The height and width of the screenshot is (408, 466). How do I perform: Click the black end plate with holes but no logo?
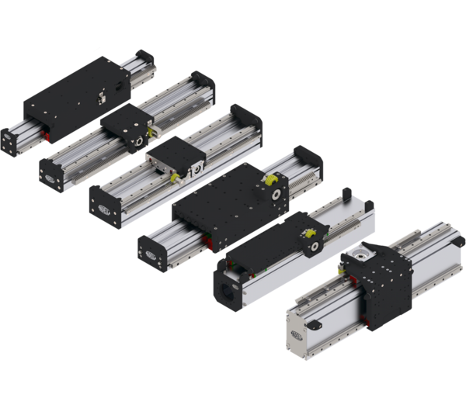(9, 142)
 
